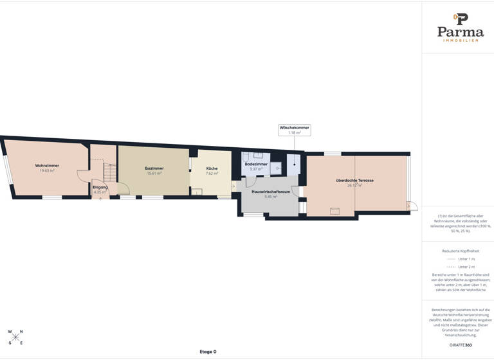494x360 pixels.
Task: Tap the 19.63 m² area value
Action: point(47,171)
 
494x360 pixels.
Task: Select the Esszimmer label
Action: point(154,168)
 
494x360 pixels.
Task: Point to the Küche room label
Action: point(212,168)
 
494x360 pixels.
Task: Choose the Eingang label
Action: point(100,187)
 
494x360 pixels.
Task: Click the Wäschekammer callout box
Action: point(294,130)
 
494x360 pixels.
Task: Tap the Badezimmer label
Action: point(256,165)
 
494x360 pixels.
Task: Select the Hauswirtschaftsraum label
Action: point(270,192)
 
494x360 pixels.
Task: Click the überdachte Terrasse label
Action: point(354,181)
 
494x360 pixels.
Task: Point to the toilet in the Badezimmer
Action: point(275,168)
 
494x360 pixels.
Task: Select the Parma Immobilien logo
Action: point(460,27)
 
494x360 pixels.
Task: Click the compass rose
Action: point(15,337)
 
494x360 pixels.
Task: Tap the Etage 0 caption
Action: point(208,352)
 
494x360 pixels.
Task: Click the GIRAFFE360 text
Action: point(460,345)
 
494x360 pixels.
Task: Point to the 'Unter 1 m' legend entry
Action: point(461,259)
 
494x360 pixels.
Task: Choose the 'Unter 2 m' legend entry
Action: point(461,267)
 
